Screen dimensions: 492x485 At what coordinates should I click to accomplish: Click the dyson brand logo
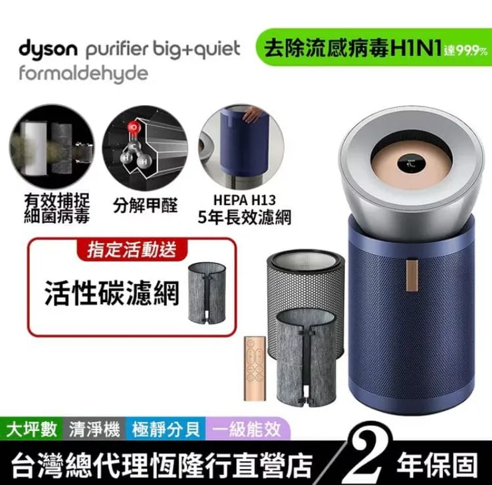coord(48,50)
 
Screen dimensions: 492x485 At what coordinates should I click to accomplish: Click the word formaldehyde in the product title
coord(84,74)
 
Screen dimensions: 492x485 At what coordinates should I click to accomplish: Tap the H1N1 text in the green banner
coord(416,49)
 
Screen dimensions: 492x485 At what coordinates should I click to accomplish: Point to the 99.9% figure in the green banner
coord(467,51)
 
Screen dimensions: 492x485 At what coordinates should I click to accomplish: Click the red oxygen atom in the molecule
coord(134,127)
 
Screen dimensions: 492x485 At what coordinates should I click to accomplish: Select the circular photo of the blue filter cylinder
coord(241,147)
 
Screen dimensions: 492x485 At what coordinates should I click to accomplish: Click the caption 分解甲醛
coord(145,206)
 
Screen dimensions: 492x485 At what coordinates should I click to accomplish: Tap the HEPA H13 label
coord(245,200)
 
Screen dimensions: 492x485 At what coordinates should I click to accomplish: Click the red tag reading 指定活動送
coord(132,249)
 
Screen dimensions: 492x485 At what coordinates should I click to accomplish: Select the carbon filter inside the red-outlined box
coord(207,293)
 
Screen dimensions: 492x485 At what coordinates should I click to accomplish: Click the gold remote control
coord(255,369)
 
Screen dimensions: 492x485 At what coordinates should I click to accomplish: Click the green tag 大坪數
coord(31,429)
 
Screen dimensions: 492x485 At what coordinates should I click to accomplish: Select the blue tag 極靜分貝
coord(166,429)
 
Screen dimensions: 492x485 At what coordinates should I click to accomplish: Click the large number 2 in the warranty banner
coord(366,454)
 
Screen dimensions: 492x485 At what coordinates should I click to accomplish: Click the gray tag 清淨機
coord(94,429)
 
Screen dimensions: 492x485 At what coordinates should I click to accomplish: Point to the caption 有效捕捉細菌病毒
coord(57,208)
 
